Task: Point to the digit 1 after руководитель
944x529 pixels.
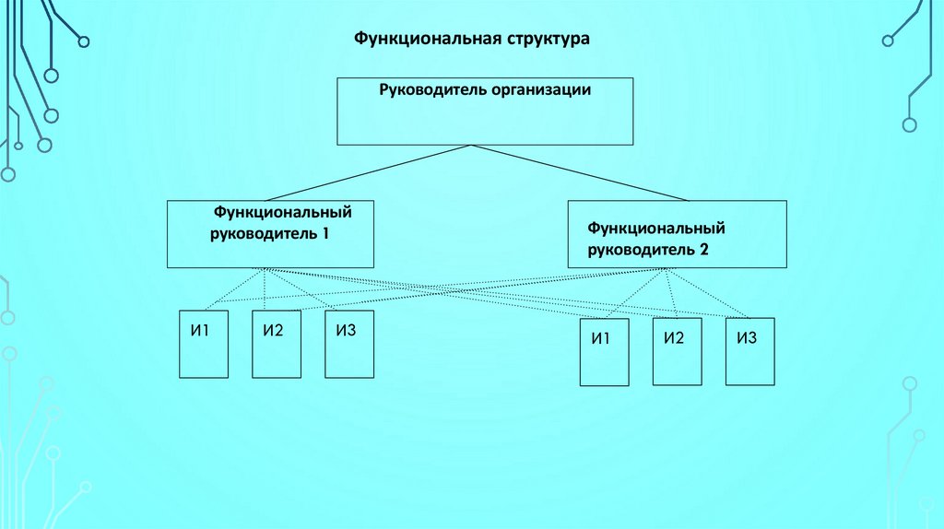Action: tap(326, 234)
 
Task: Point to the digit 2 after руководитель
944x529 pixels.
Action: tap(703, 249)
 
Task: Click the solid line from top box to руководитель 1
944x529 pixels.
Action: tap(369, 172)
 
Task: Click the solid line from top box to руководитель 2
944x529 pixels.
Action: tap(581, 172)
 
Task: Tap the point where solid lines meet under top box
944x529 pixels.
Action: tap(472, 145)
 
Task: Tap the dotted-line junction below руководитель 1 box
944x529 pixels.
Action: tap(265, 268)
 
